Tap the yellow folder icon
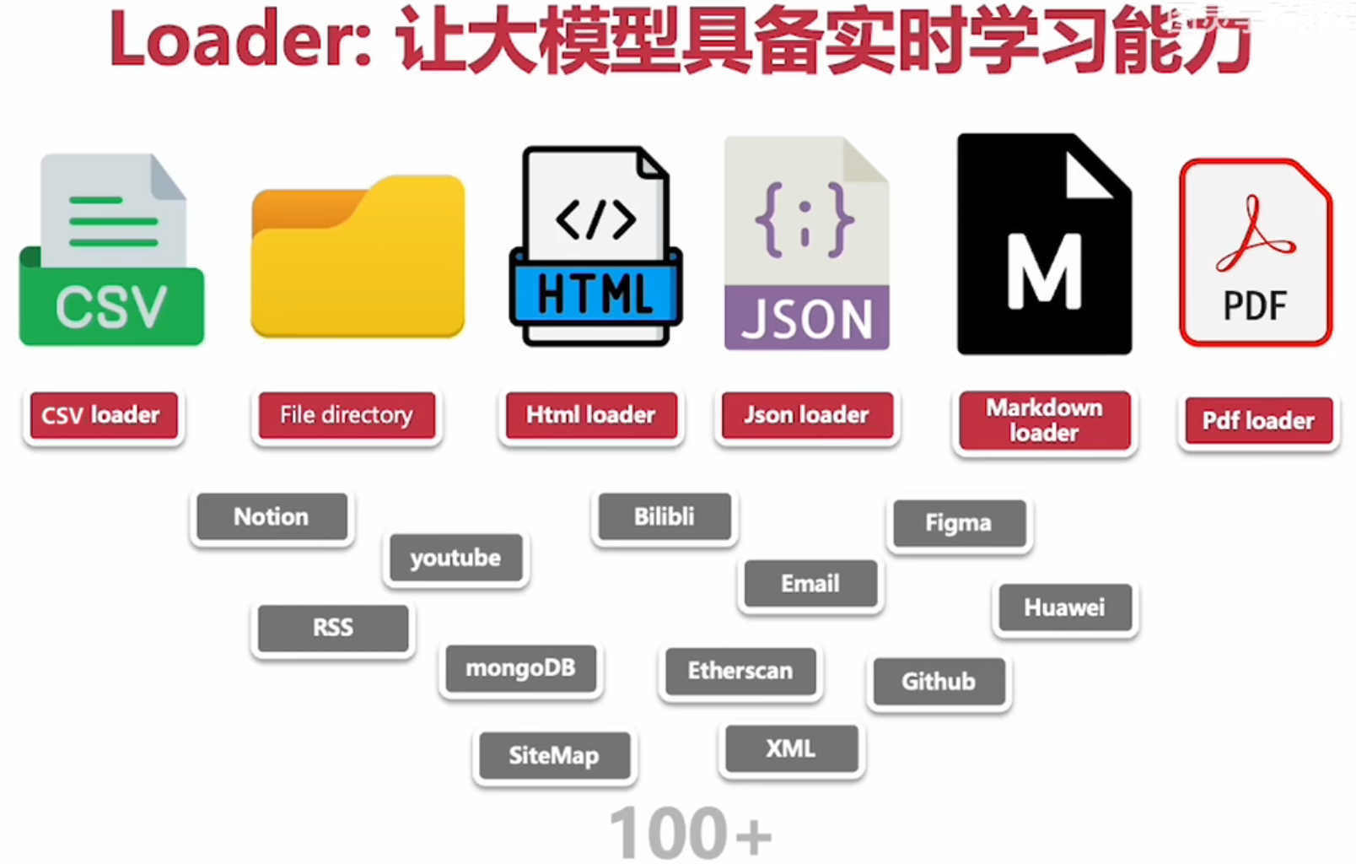tap(358, 257)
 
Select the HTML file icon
tap(595, 247)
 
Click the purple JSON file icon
tap(806, 245)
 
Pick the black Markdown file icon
tap(1043, 245)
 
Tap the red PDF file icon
tap(1256, 253)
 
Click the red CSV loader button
tap(103, 415)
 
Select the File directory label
tap(347, 415)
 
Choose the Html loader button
tap(590, 415)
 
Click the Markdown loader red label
tap(1044, 420)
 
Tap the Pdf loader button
tap(1258, 421)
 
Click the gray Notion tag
tap(272, 516)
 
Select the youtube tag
tap(455, 558)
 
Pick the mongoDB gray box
tap(520, 668)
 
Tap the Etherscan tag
tap(740, 671)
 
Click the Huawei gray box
tap(1064, 607)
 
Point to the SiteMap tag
tap(554, 755)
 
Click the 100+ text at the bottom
tap(689, 833)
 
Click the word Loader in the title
tap(239, 40)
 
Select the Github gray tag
tap(939, 681)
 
